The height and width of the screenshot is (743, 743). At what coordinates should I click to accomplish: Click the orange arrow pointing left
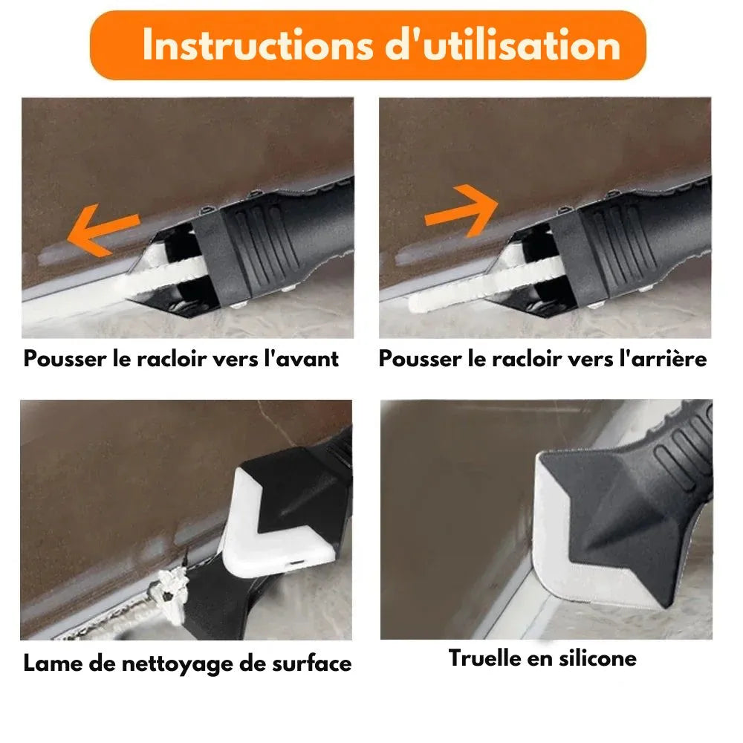pos(103,230)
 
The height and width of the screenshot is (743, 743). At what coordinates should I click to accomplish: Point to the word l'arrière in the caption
pos(661,359)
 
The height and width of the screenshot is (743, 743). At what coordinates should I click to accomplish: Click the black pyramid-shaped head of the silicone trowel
pos(609,513)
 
